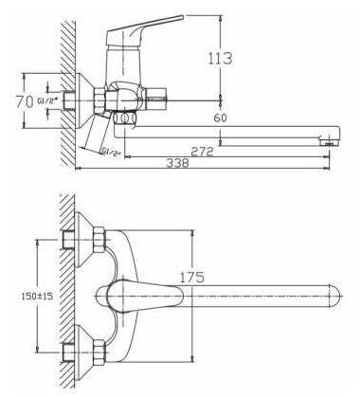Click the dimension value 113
pyautogui.click(x=221, y=58)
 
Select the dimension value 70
pyautogui.click(x=25, y=101)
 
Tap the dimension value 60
pyautogui.click(x=220, y=118)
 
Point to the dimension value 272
pyautogui.click(x=202, y=152)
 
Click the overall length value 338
pyautogui.click(x=177, y=163)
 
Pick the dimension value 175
pyautogui.click(x=192, y=277)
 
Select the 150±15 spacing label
pyautogui.click(x=37, y=296)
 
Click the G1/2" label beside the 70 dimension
pyautogui.click(x=47, y=101)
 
